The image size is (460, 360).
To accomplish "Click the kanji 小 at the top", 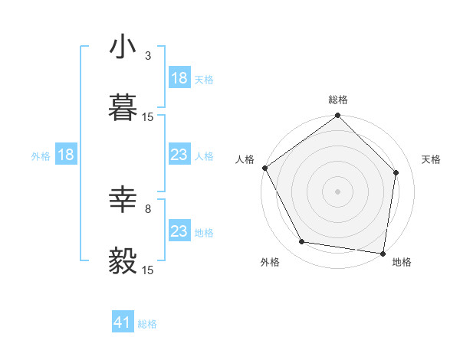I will [123, 47].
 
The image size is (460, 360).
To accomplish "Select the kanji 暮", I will [123, 108].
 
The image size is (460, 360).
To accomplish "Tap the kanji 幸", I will [123, 201].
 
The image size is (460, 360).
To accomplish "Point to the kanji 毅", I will [123, 261].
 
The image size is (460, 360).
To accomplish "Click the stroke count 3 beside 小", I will [148, 56].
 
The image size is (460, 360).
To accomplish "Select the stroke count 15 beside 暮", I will [148, 116].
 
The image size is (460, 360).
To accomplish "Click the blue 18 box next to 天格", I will [179, 78].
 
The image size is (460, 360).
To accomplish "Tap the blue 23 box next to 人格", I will [179, 155].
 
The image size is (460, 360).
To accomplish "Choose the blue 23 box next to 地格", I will [179, 231].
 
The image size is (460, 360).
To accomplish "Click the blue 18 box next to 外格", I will [65, 155].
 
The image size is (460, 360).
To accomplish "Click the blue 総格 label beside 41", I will [147, 324].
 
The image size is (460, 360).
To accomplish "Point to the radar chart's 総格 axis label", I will [338, 100].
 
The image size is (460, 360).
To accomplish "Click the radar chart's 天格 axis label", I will [431, 159].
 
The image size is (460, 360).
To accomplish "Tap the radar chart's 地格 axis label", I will [402, 262].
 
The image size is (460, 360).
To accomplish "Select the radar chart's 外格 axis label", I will [270, 262].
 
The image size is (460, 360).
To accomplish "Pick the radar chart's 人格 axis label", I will [245, 159].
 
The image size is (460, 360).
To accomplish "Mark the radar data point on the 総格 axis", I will [338, 116].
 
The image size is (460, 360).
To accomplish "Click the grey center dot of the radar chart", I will [338, 191].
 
